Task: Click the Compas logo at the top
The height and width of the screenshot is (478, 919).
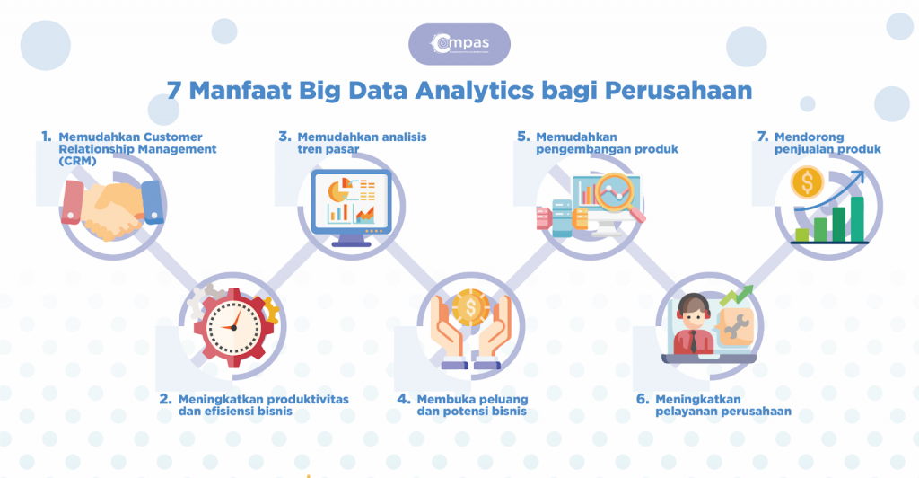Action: tap(459, 43)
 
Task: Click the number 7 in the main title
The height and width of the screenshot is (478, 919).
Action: tap(174, 92)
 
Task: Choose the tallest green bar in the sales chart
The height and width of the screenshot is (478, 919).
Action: tap(857, 218)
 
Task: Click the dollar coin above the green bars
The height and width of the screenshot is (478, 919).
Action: tap(806, 184)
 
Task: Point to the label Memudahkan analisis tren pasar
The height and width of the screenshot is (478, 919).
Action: tap(362, 143)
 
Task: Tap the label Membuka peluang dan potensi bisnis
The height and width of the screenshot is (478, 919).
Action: tap(471, 405)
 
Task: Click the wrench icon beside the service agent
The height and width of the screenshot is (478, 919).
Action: tap(737, 324)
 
